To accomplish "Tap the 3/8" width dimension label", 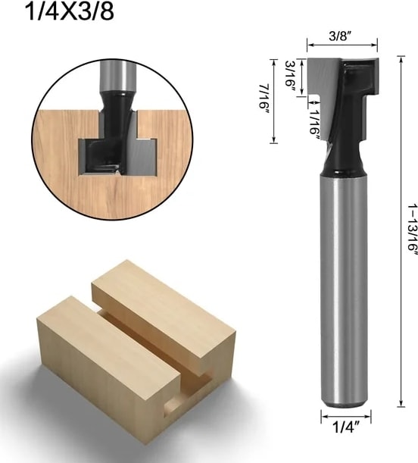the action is coord(341,36).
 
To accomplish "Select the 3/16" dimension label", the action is coord(290,74).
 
